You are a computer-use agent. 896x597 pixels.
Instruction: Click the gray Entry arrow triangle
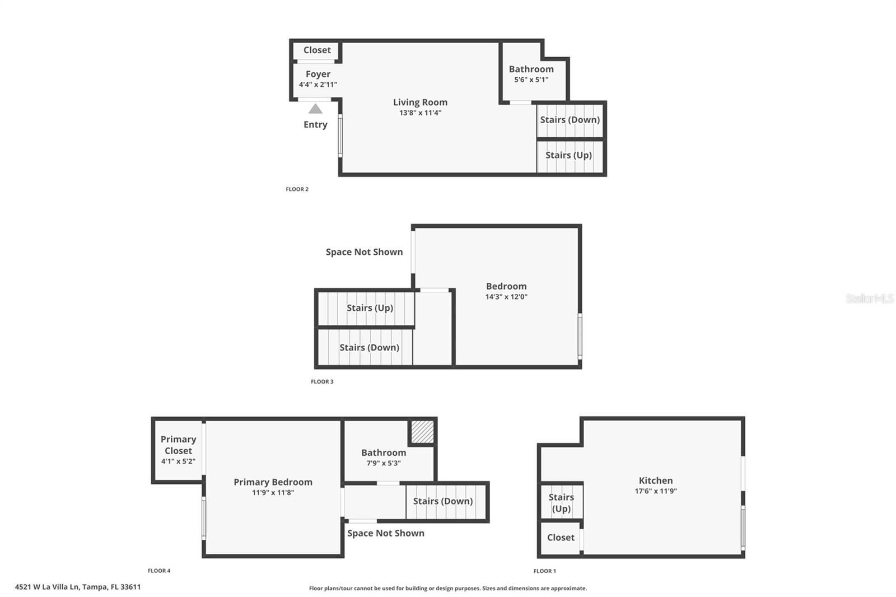point(315,109)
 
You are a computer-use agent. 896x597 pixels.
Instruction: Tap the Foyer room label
point(318,74)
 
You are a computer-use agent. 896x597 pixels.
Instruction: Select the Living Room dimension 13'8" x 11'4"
point(420,113)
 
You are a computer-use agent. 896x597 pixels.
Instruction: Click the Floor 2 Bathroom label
point(531,69)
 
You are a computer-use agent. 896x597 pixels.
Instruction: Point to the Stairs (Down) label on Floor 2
point(570,120)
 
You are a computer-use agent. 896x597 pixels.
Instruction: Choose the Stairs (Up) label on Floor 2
point(568,155)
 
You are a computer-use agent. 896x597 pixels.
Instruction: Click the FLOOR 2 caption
point(297,189)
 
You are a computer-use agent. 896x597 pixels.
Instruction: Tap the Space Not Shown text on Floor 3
point(364,252)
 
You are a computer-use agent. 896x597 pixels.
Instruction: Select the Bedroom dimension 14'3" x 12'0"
point(506,297)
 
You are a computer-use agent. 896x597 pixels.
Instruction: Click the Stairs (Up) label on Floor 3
point(370,308)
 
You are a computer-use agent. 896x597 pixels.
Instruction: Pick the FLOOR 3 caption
point(322,382)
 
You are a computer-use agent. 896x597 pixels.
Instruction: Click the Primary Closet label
point(178,445)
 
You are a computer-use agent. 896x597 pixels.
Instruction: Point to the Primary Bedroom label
point(273,482)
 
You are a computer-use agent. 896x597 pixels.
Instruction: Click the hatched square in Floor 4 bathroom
point(422,432)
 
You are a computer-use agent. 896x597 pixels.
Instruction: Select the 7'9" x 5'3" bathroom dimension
point(384,463)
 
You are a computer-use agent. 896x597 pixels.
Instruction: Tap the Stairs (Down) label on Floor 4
point(443,501)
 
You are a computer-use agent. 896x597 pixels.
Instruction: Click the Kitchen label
point(656,481)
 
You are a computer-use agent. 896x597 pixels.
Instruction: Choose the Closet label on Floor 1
point(561,538)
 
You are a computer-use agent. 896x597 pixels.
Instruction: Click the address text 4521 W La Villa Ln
point(78,587)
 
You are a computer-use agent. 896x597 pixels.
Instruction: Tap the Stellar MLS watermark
point(869,298)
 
